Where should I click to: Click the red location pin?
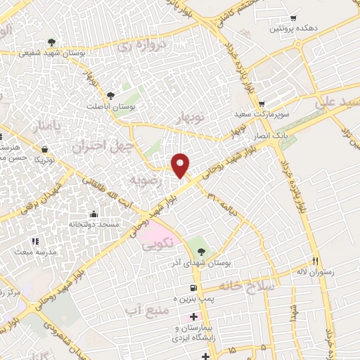pos(181,165)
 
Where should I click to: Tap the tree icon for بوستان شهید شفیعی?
pos(51,41)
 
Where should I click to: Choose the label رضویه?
pos(146,181)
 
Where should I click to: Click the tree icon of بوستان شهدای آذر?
pos(202,251)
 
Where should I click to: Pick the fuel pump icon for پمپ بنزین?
pos(193,288)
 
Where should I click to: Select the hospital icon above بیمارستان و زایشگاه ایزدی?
pos(194,317)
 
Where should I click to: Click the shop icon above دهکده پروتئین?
pos(293,18)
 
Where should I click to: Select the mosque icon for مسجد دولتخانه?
pos(94,214)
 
